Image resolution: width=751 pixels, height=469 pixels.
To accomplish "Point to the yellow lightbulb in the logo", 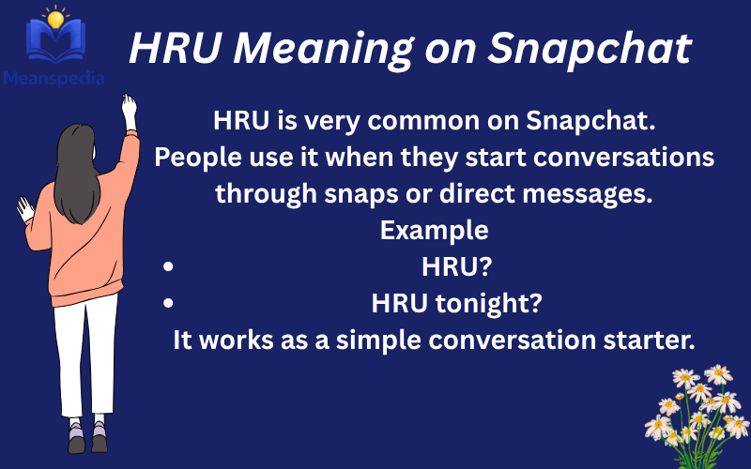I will click(x=57, y=18).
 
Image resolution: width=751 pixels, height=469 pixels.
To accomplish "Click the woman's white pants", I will click(x=85, y=356).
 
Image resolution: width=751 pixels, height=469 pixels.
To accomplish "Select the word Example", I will click(x=434, y=230).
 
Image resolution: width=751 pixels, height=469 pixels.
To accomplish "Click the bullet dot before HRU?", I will click(x=168, y=267).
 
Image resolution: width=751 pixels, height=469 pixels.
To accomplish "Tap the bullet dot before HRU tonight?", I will click(x=168, y=303).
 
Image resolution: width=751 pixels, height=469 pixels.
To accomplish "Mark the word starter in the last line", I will click(x=654, y=340).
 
